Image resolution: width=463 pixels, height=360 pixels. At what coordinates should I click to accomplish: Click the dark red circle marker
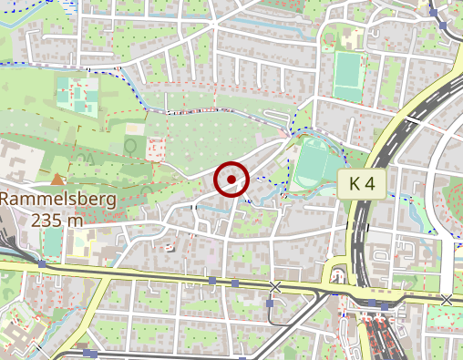pyautogui.click(x=231, y=180)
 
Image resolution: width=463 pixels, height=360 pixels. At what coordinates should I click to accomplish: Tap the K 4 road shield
pyautogui.click(x=362, y=184)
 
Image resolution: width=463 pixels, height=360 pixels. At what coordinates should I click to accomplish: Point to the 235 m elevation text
pyautogui.click(x=57, y=220)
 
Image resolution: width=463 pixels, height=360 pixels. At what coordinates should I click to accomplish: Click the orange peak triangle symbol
pyautogui.click(x=59, y=180)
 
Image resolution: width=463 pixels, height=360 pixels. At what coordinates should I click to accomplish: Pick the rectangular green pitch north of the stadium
pyautogui.click(x=347, y=77)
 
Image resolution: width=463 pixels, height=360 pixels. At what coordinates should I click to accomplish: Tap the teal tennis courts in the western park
pyautogui.click(x=78, y=95)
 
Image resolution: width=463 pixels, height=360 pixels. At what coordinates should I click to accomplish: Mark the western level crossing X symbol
pyautogui.click(x=275, y=287)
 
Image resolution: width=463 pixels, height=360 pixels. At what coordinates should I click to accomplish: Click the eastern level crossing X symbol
pyautogui.click(x=446, y=299)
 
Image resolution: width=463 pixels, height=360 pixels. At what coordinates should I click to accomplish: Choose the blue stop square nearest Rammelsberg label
pyautogui.click(x=42, y=264)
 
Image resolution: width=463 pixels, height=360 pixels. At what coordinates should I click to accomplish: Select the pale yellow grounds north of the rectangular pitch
pyautogui.click(x=351, y=38)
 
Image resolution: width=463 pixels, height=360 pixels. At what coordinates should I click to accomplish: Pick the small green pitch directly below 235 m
pyautogui.click(x=52, y=242)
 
